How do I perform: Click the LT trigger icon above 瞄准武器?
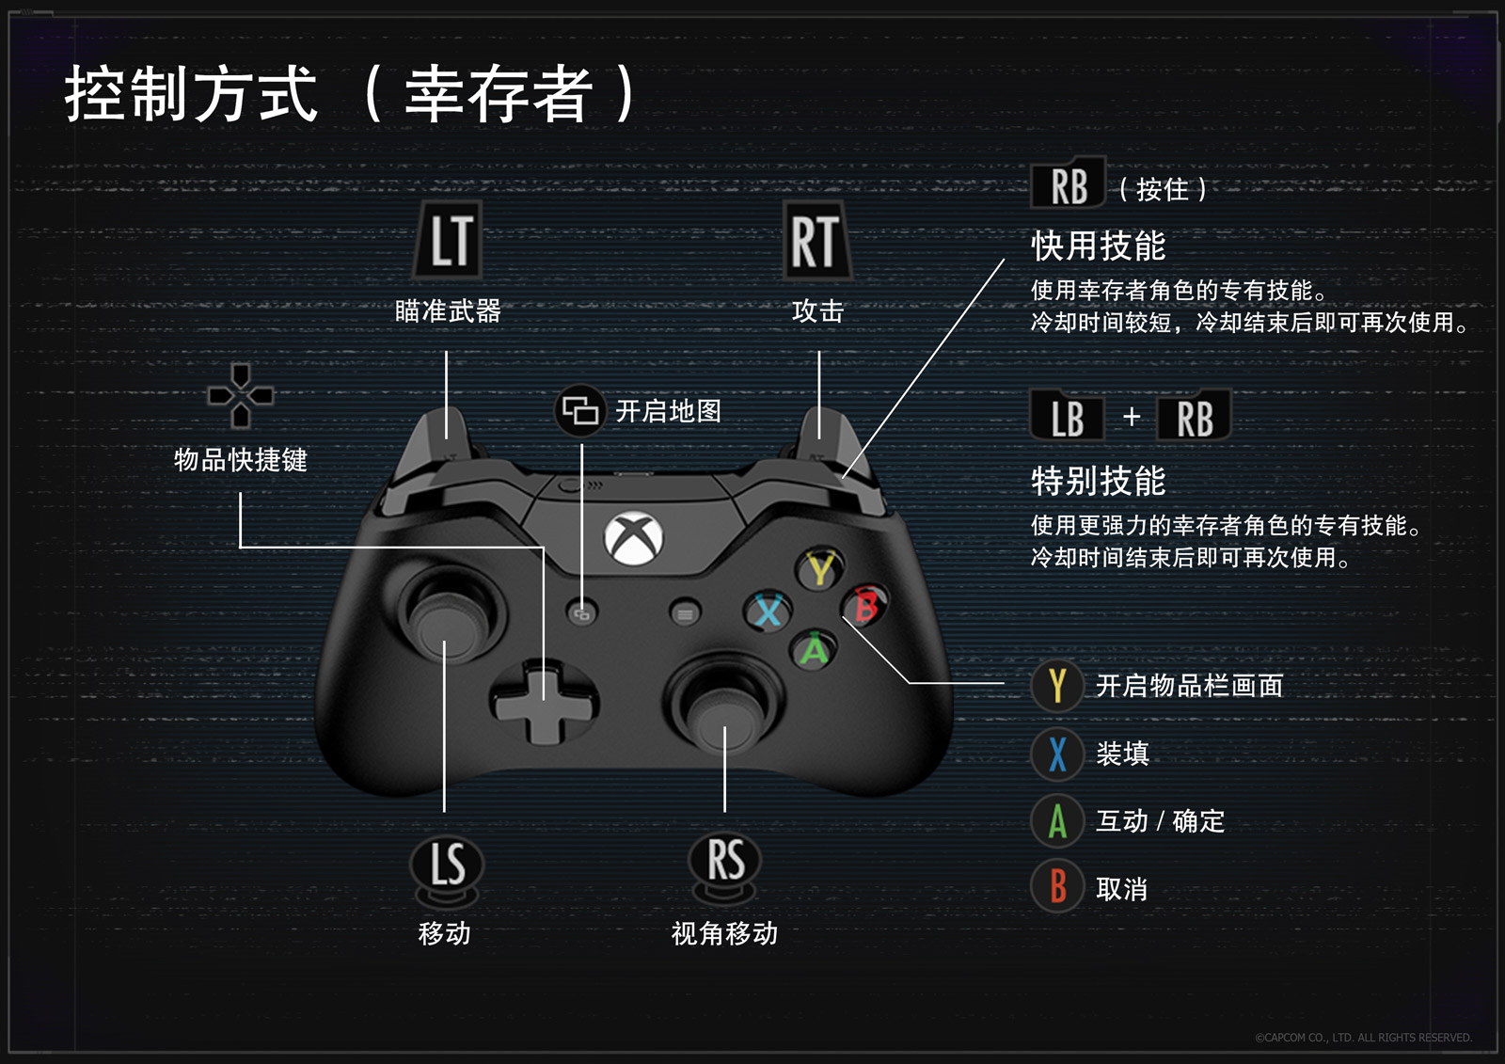(450, 240)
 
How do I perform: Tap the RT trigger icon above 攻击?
(816, 241)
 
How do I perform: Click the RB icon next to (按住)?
(1069, 185)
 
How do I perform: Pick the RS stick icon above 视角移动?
(724, 861)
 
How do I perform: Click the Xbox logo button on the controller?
(634, 539)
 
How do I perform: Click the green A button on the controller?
(814, 649)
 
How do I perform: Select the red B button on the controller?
(865, 605)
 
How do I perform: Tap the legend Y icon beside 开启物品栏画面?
(1057, 686)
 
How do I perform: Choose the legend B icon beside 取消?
(1057, 887)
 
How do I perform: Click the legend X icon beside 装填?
(1057, 754)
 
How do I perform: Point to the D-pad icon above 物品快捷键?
(241, 395)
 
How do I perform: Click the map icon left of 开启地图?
(579, 411)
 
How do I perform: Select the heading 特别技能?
(1098, 481)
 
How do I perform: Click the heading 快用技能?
(1098, 246)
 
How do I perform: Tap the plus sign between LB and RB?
(1132, 417)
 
